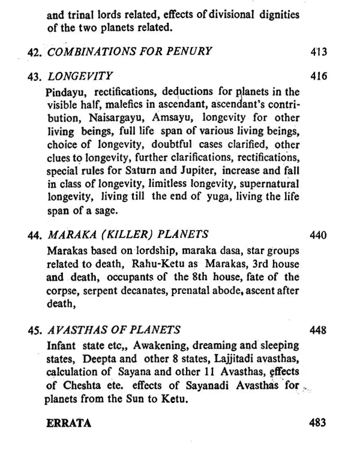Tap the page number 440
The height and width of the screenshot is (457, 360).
click(319, 234)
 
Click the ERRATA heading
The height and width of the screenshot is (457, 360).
click(69, 423)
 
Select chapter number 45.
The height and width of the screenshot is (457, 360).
click(34, 331)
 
